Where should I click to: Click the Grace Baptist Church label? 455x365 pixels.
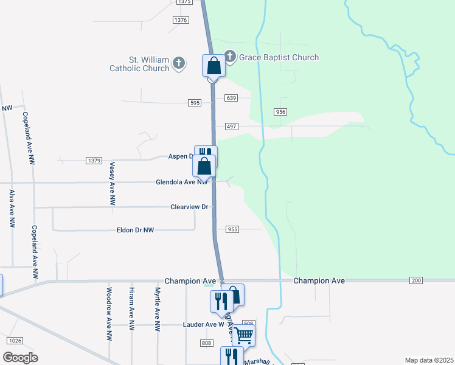pos(279,58)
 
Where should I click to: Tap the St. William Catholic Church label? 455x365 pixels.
pos(139,64)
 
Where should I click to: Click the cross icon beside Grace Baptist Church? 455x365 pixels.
pos(230,57)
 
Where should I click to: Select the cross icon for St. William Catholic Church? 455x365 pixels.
pos(179,63)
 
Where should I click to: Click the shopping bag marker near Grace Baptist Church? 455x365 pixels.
pos(214,66)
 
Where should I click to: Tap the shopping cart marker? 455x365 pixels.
pos(243,334)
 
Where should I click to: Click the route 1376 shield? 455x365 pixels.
pos(180,20)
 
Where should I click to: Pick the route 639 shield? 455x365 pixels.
pos(231,98)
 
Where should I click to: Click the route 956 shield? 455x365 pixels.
pos(280,112)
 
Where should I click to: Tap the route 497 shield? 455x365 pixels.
pos(231,126)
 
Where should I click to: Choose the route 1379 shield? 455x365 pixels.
pos(93,160)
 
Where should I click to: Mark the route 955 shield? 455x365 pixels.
pos(232,229)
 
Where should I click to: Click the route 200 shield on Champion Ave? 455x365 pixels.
pos(416,280)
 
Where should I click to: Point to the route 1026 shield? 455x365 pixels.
pos(16,340)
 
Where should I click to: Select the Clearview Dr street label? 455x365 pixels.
pos(189,207)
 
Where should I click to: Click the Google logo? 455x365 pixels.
pos(20,358)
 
